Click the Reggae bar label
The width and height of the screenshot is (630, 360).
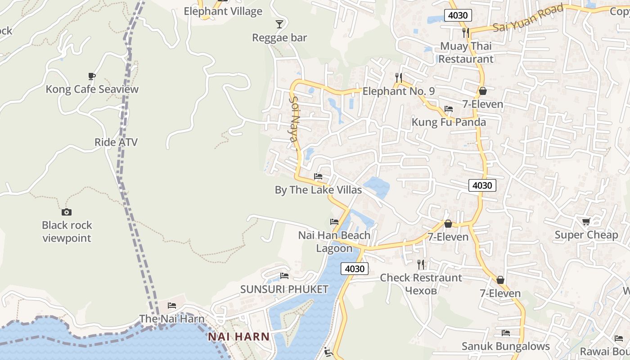pos(279,38)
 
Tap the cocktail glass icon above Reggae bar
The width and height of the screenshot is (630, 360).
pos(279,24)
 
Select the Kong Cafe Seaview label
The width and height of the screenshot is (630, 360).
pos(92,89)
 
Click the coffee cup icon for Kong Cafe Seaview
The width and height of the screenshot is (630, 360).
pos(92,76)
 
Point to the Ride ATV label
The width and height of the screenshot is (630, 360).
pos(116,142)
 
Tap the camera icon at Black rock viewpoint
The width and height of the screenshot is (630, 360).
pos(67,212)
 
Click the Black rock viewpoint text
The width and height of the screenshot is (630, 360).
pos(67,232)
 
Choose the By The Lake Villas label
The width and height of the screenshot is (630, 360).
pos(318,190)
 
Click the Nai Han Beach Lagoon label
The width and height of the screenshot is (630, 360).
pos(334,242)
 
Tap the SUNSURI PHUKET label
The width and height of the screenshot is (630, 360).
pos(284,289)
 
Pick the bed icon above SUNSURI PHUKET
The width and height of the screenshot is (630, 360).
pos(284,276)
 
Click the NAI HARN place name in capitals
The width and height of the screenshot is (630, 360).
pos(238,337)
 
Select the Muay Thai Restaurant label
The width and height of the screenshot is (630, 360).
pos(466,53)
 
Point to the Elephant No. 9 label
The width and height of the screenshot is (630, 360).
pos(399,91)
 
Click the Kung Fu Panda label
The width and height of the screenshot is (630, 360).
pos(449,122)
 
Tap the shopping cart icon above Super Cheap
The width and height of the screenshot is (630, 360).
pos(586,221)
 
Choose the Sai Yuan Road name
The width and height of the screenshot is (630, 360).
pos(528,18)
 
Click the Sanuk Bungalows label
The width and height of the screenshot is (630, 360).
pos(506,346)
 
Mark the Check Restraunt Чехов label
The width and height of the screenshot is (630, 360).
pos(421,284)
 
